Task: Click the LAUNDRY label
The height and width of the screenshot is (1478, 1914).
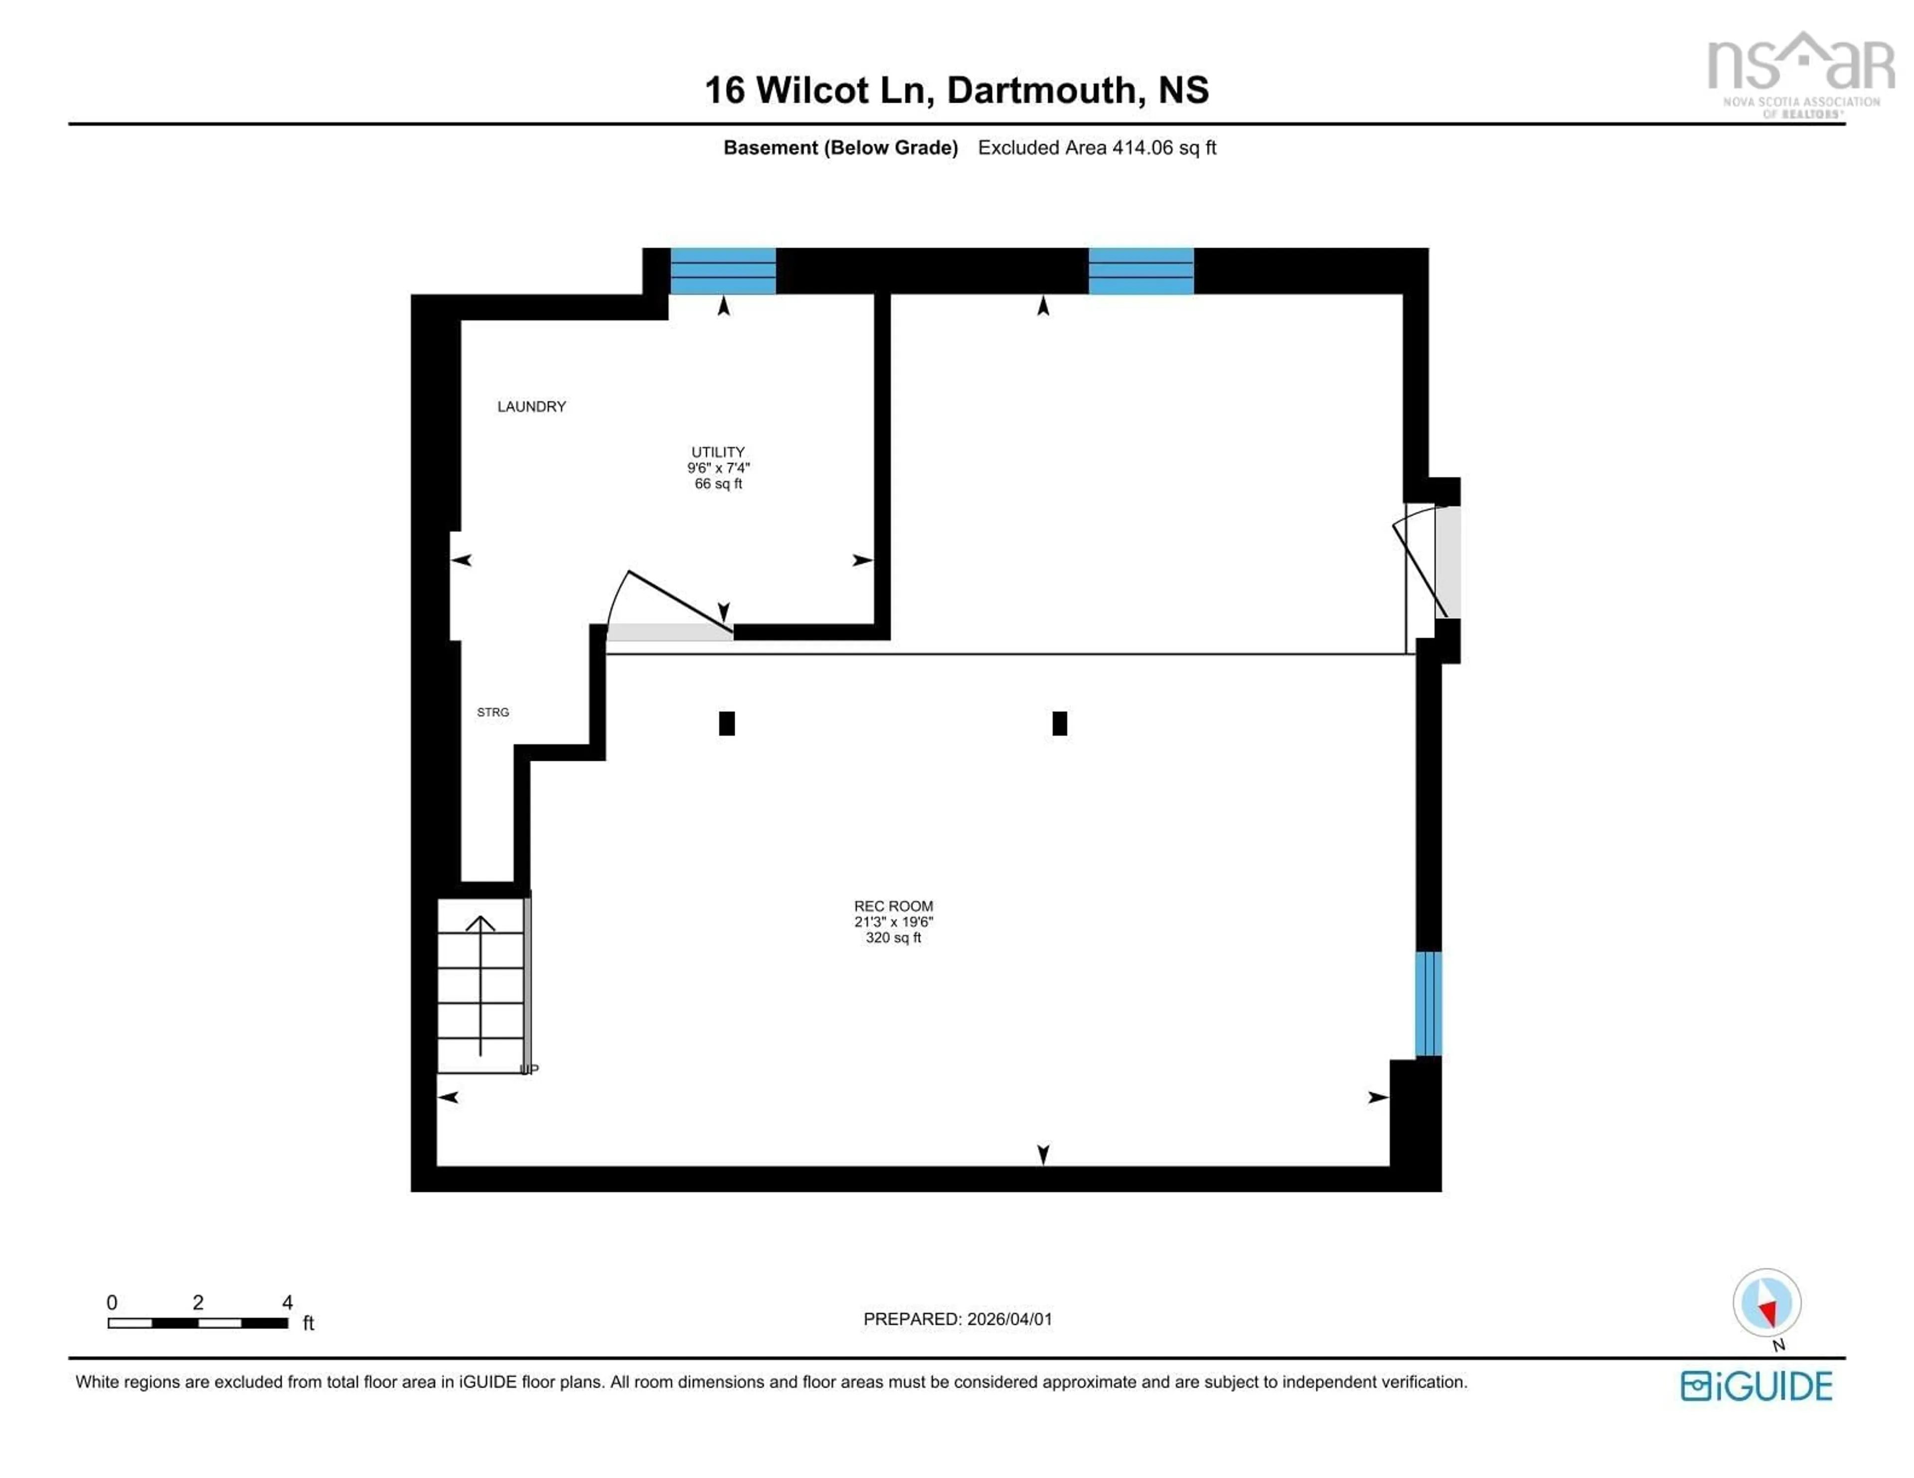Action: tap(531, 406)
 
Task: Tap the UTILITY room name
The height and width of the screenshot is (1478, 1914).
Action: tap(718, 452)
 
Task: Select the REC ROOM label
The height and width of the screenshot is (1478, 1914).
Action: tap(893, 906)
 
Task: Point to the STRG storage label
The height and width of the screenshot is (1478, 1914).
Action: tap(492, 712)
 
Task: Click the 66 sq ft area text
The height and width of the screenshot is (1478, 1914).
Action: tap(718, 484)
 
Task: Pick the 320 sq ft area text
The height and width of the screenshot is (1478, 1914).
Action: tap(893, 938)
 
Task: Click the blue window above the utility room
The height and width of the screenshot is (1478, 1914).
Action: tap(723, 270)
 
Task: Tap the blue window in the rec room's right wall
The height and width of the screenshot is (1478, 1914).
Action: tap(1428, 1004)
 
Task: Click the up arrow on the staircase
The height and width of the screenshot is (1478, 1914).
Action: tap(480, 981)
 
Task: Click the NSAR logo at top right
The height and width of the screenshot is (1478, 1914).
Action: tap(1801, 70)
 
